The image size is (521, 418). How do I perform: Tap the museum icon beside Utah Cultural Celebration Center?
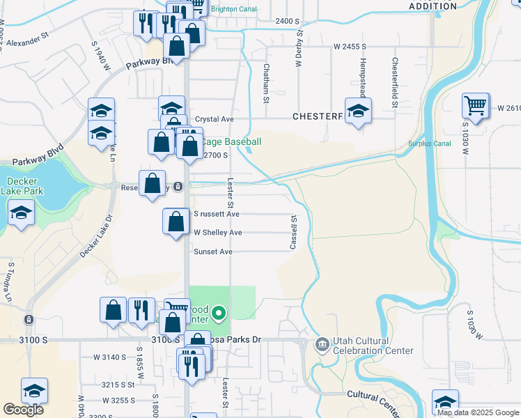point(322,344)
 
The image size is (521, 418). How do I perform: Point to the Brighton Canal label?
point(233,10)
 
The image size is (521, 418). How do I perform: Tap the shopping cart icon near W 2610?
point(476,106)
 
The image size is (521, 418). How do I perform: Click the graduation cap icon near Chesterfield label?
point(358,110)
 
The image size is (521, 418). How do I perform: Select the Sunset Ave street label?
point(213,251)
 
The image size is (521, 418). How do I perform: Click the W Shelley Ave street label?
point(218,233)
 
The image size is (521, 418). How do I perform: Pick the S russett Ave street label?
point(217,214)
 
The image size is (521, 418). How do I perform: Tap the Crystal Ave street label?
point(215,119)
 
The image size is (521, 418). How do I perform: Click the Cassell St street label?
point(294,233)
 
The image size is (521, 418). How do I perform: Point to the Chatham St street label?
point(266,83)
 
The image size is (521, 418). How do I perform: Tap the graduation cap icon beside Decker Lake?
point(21,212)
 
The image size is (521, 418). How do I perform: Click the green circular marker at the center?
point(219,313)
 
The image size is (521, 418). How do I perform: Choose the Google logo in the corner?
point(24,410)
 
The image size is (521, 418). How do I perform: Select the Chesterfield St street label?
point(394,82)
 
